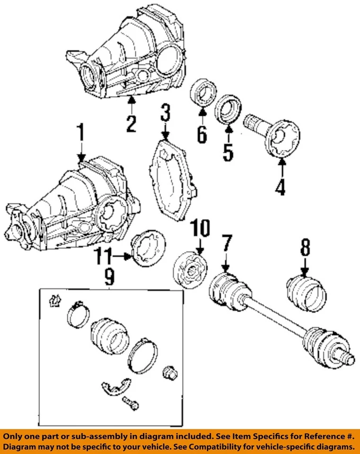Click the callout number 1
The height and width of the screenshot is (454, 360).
point(81,132)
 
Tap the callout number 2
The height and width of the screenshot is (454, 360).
point(131,124)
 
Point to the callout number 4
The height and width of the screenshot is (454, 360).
point(281,187)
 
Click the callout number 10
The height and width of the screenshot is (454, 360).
point(201,228)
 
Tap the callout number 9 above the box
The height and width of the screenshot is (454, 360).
point(109,277)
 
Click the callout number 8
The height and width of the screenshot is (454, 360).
point(305,247)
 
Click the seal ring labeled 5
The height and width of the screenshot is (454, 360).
point(228,109)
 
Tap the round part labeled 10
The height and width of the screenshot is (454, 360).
point(190,270)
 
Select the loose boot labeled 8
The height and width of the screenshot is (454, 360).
point(307,294)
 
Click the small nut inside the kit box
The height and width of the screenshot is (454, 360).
point(170,373)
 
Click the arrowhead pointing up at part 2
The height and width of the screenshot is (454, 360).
point(132,100)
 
